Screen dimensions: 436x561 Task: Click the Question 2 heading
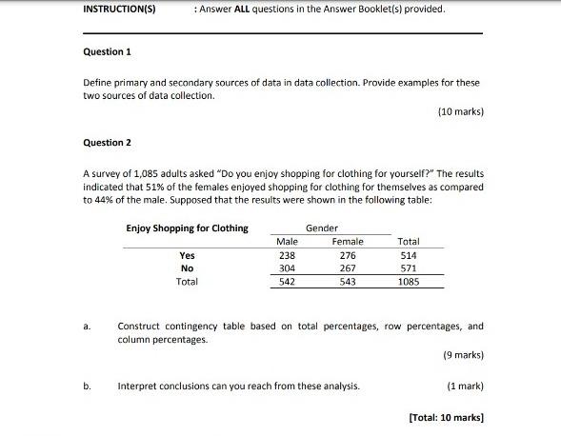click(x=107, y=143)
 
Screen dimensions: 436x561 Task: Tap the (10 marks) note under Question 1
click(x=460, y=111)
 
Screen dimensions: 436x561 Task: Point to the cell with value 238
click(x=286, y=255)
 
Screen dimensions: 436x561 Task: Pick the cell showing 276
click(x=347, y=255)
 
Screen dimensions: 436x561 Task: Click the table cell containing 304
click(x=286, y=268)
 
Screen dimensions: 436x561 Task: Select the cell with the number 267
click(x=347, y=268)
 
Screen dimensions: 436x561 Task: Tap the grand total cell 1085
click(x=409, y=282)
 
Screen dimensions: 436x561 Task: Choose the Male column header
click(x=286, y=242)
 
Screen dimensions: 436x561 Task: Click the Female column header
click(x=347, y=242)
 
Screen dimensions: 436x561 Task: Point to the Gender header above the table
click(x=321, y=228)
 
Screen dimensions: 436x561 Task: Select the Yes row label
click(x=187, y=255)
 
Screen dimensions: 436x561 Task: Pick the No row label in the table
click(x=187, y=268)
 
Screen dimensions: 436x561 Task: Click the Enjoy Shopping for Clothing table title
click(x=187, y=228)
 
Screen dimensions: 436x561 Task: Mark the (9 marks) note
click(x=463, y=355)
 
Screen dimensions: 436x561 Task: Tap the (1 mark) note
click(x=465, y=386)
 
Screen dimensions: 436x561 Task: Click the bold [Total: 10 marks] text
click(x=445, y=418)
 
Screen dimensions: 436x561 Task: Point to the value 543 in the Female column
click(x=347, y=282)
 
